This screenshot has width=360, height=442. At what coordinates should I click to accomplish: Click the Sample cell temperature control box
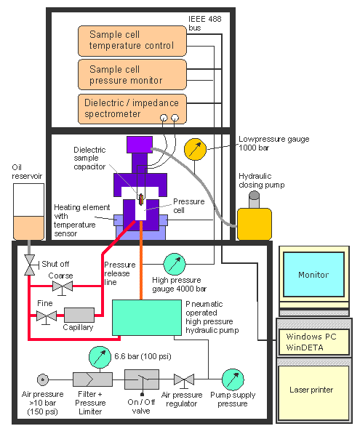[132, 41]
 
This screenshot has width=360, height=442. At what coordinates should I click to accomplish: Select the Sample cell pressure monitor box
[132, 75]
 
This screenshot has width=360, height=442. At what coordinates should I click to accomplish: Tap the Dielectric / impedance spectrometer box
[132, 109]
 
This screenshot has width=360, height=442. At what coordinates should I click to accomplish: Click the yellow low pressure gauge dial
[195, 149]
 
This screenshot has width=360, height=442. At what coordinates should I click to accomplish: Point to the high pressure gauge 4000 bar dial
[175, 264]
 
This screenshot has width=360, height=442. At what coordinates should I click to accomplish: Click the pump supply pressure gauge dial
[233, 379]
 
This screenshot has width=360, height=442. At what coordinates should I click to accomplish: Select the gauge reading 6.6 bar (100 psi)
[100, 357]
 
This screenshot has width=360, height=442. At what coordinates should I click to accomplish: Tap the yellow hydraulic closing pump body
[255, 224]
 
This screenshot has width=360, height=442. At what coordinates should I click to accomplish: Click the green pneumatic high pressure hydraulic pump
[147, 318]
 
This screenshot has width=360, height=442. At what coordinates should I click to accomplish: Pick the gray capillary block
[79, 315]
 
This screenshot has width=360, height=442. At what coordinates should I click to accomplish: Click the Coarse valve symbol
[63, 287]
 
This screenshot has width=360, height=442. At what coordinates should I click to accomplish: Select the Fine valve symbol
[47, 316]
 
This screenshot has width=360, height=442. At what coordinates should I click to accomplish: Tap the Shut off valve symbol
[30, 265]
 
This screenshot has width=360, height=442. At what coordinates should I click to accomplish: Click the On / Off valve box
[142, 379]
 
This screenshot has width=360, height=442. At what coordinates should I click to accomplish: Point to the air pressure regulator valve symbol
[184, 380]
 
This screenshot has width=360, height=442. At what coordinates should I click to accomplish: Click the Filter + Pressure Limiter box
[92, 379]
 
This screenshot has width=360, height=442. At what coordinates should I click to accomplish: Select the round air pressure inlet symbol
[43, 379]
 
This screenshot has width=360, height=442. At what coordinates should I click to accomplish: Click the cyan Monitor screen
[313, 274]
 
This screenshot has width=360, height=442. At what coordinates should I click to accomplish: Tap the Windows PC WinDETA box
[314, 342]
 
